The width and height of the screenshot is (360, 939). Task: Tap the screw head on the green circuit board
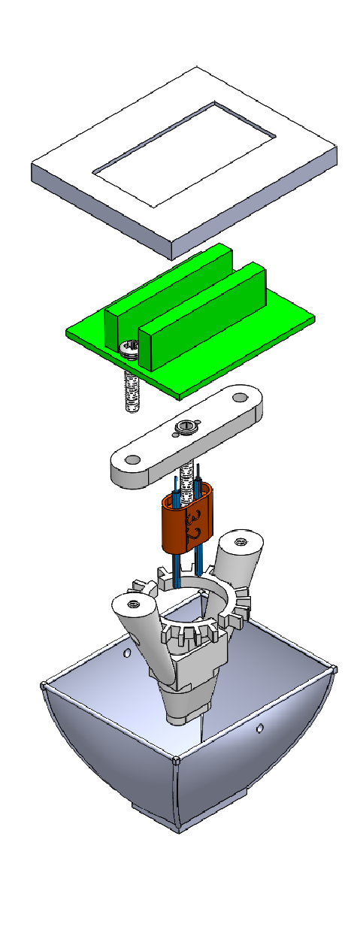(x=129, y=349)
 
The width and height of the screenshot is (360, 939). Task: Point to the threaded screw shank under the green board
(x=132, y=391)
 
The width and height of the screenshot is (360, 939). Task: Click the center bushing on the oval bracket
(x=185, y=428)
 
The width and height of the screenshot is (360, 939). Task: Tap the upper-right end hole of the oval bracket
(x=241, y=396)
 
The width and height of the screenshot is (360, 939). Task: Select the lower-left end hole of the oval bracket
(x=133, y=460)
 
